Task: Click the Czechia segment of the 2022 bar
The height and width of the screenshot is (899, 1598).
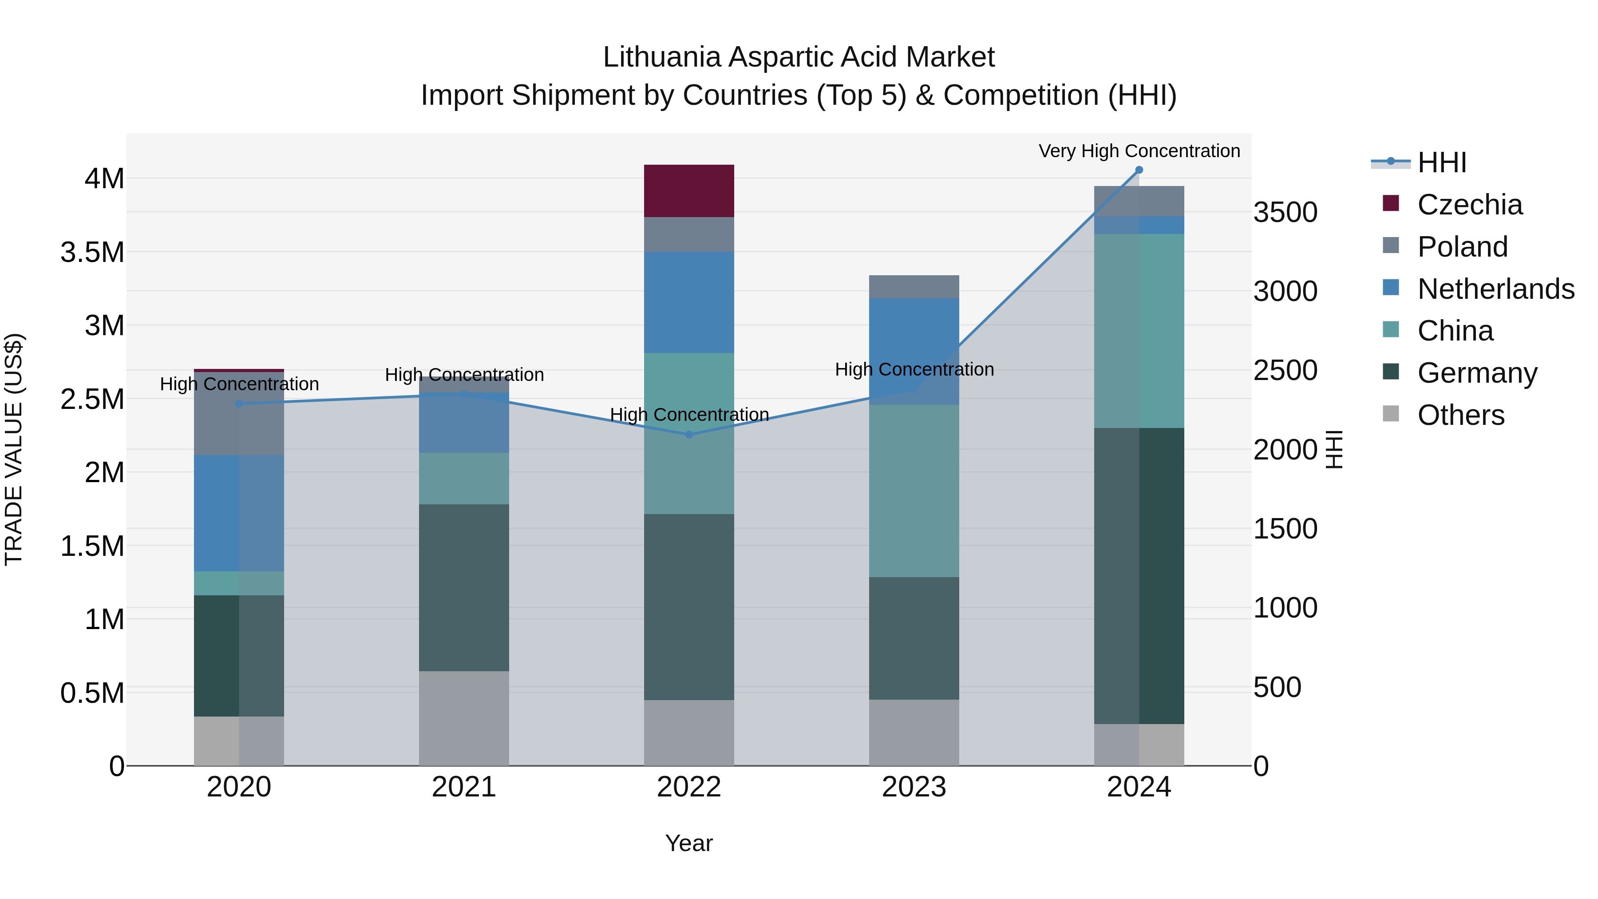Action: pos(688,190)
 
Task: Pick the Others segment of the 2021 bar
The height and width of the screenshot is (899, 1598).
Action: pos(464,718)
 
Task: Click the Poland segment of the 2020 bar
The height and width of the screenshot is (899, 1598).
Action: pos(239,414)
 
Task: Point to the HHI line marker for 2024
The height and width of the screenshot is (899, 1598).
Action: pos(1139,170)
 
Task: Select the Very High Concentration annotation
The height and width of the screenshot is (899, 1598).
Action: pos(1139,151)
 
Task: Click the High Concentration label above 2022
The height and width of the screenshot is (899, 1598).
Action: pos(688,415)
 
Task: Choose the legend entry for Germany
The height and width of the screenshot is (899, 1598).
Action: pos(1476,373)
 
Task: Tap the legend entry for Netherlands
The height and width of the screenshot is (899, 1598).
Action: pos(1495,289)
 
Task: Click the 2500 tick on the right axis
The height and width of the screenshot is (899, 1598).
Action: pos(1286,370)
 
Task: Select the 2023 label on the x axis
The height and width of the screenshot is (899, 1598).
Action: pos(914,787)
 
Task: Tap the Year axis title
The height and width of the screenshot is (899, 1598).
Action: pos(688,843)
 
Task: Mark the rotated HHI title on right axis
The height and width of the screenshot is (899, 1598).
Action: pos(1334,449)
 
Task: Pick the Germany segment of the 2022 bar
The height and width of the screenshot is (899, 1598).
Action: pos(688,607)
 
